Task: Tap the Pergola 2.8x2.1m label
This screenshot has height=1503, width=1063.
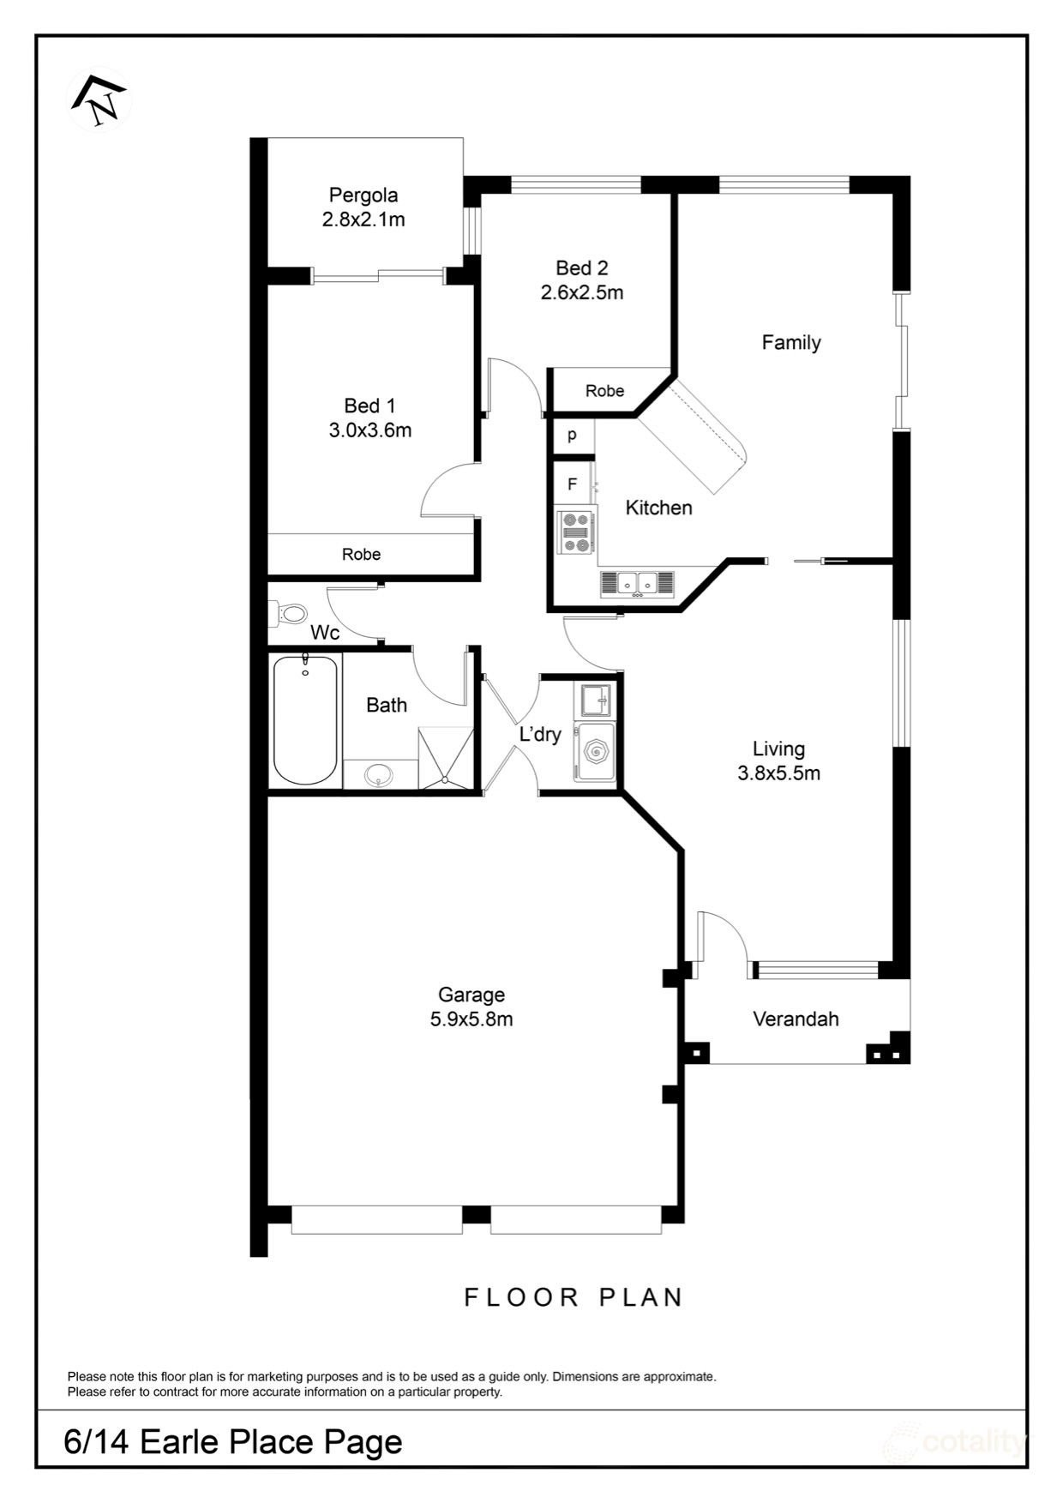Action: tap(363, 207)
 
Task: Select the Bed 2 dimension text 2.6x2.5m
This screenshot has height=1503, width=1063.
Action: tap(581, 292)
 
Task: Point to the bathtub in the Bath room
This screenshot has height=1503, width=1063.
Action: tap(304, 720)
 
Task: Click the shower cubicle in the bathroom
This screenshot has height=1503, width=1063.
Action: tap(446, 758)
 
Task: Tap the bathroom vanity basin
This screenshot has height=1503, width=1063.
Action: tap(379, 776)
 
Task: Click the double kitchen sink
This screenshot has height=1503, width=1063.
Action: tap(638, 583)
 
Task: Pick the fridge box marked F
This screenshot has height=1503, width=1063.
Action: tap(572, 484)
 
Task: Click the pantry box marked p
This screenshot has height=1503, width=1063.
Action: tap(572, 435)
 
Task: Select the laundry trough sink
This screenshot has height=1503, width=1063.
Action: tap(595, 700)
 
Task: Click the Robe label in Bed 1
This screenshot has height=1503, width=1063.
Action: tap(361, 555)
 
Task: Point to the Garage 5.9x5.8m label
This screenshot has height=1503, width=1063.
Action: tap(471, 1007)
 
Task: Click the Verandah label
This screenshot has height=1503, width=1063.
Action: tap(795, 1019)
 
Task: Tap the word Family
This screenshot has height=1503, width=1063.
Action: tap(790, 342)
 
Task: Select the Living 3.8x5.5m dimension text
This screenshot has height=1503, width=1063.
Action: tap(778, 773)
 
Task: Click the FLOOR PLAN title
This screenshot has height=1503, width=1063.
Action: tap(573, 1297)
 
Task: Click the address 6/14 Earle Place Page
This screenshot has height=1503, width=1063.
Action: tap(232, 1442)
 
